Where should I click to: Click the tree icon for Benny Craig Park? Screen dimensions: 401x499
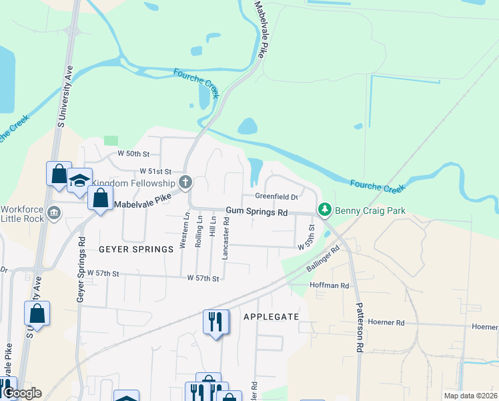pyautogui.click(x=325, y=211)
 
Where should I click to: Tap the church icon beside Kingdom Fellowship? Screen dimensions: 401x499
pyautogui.click(x=186, y=182)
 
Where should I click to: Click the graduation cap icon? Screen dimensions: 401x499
pyautogui.click(x=79, y=180)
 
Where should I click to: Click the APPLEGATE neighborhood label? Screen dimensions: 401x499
pyautogui.click(x=270, y=316)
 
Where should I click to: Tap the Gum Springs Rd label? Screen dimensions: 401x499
pyautogui.click(x=256, y=212)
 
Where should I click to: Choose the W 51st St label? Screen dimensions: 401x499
pyautogui.click(x=155, y=172)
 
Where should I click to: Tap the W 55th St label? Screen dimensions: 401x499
pyautogui.click(x=306, y=237)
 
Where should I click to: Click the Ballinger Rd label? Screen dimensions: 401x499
pyautogui.click(x=324, y=259)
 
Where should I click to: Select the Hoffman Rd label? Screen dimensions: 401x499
pyautogui.click(x=330, y=285)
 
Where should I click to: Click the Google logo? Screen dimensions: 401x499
pyautogui.click(x=21, y=393)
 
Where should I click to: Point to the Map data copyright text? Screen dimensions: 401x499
pyautogui.click(x=470, y=396)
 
